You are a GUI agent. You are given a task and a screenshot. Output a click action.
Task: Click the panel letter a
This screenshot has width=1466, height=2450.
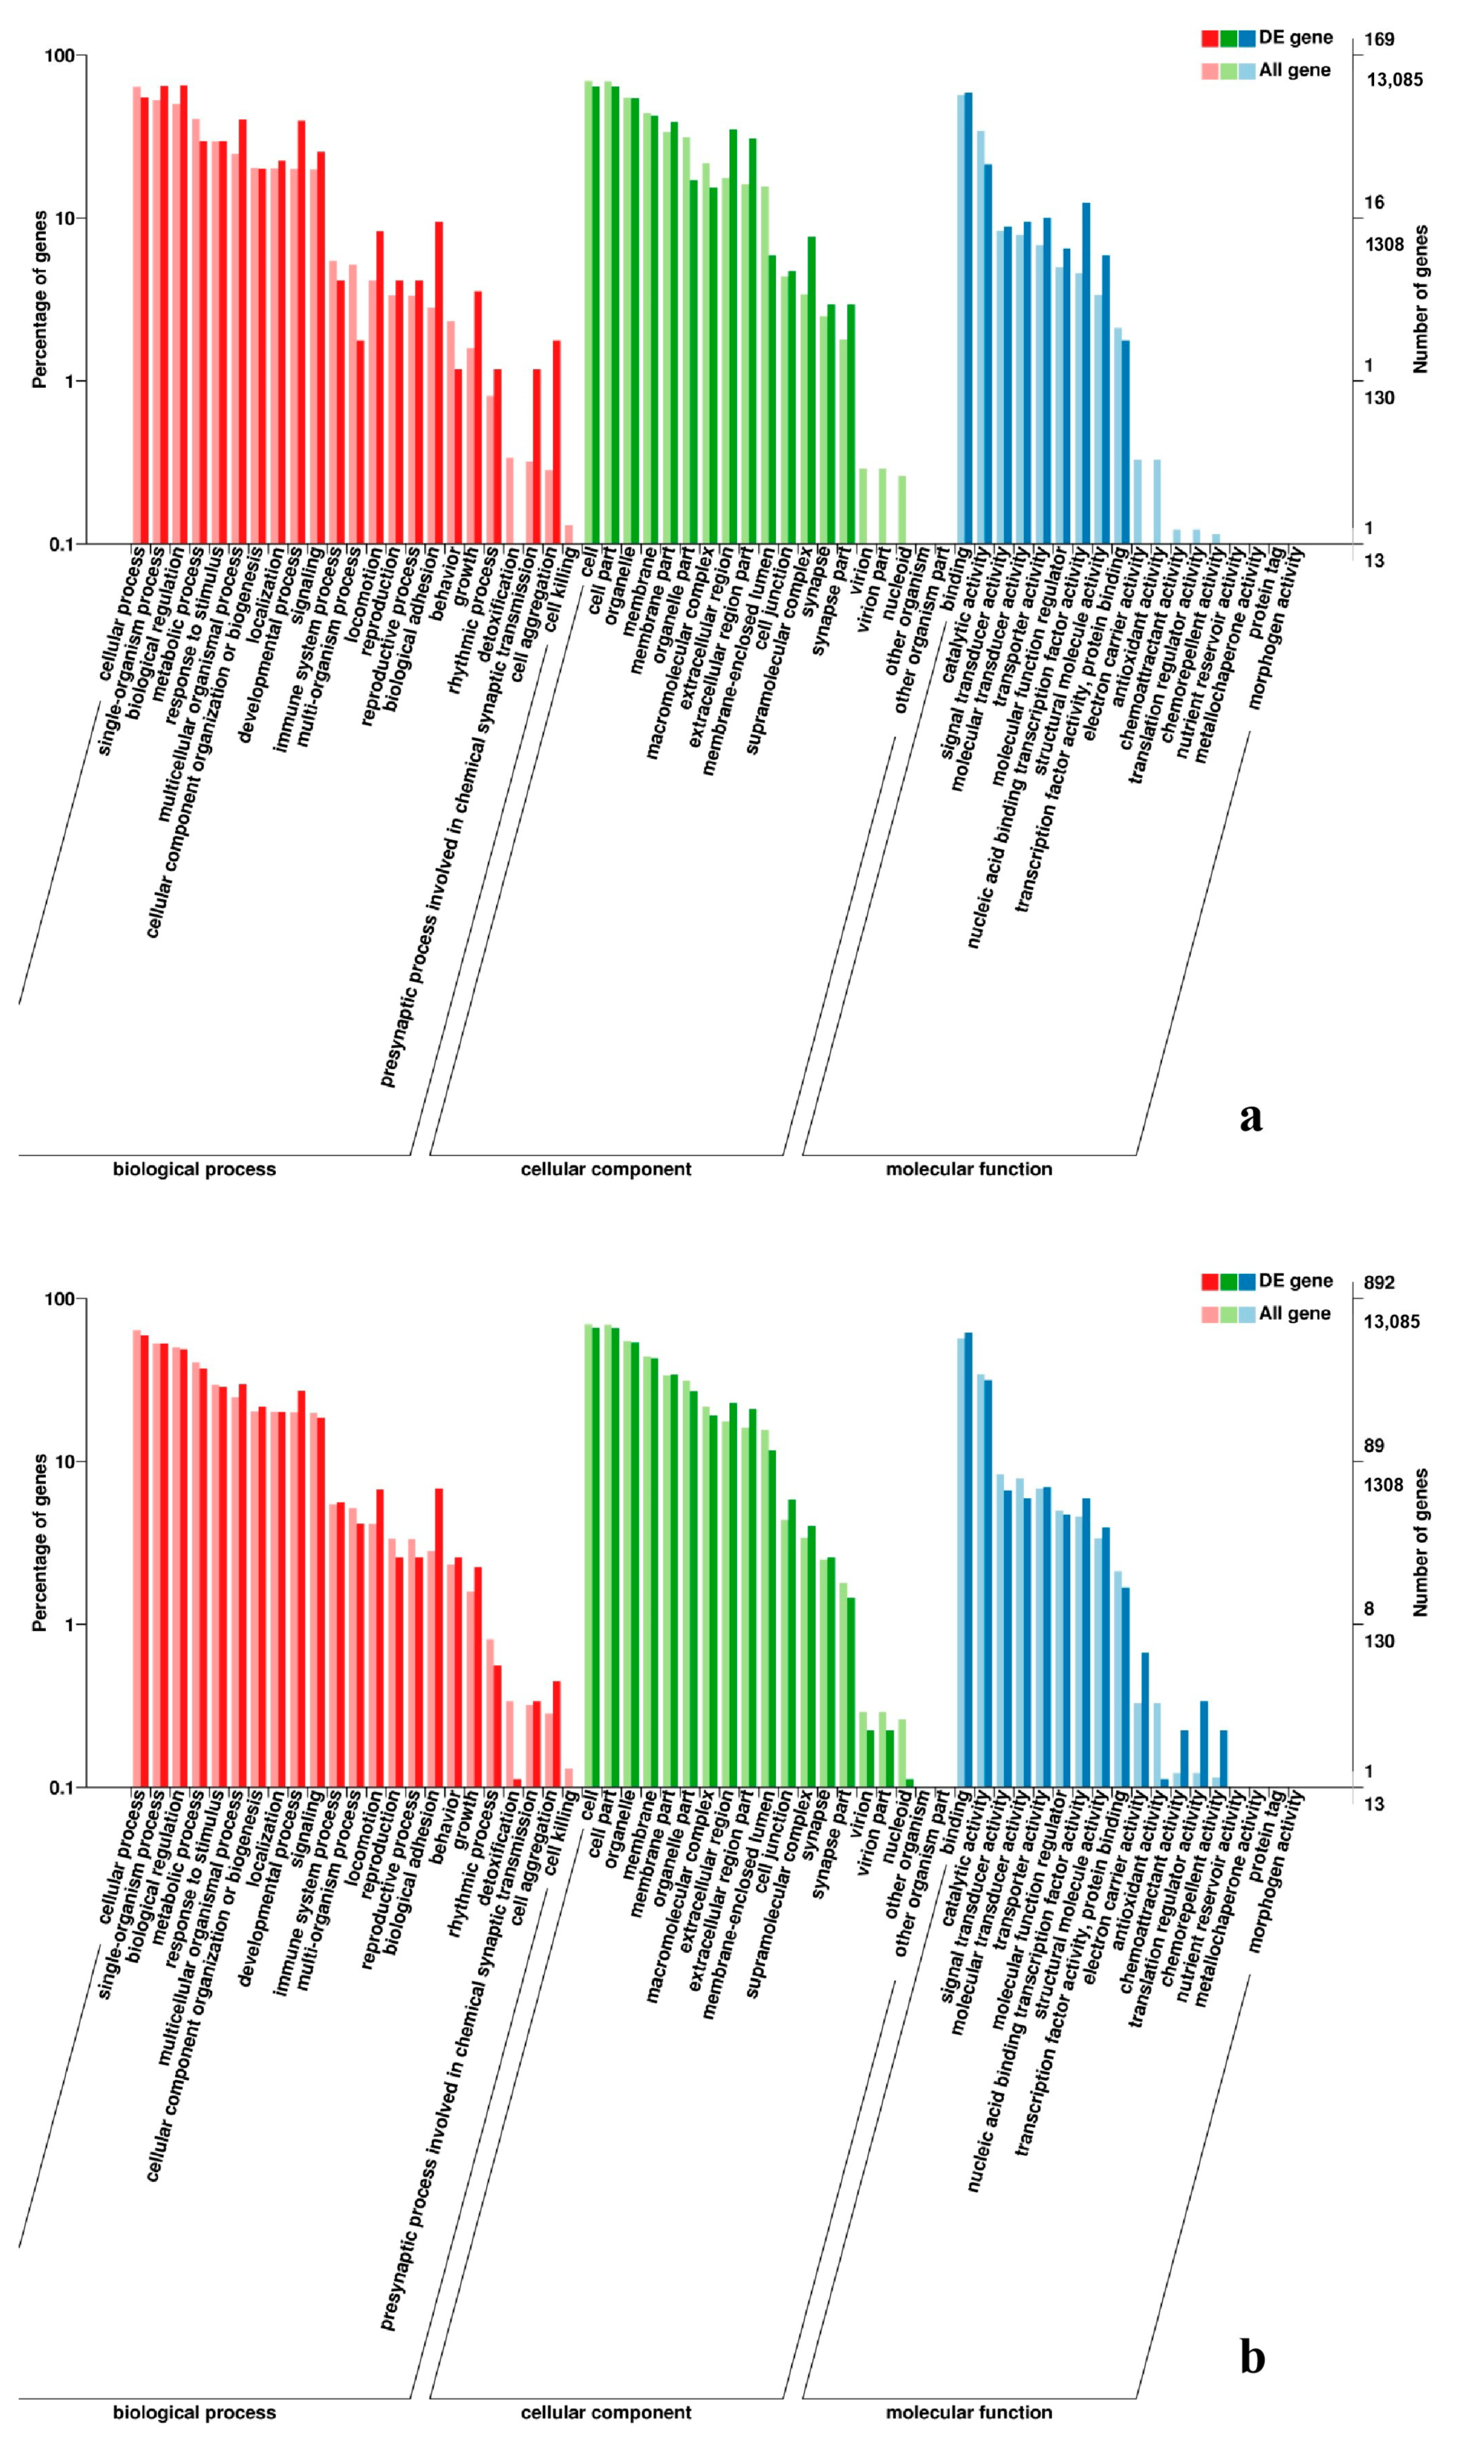pyautogui.click(x=1251, y=1117)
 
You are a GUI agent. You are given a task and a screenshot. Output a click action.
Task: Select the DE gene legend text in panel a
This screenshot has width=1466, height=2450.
pyautogui.click(x=1295, y=37)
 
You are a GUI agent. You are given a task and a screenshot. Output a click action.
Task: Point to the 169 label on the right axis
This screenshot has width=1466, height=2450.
pyautogui.click(x=1379, y=39)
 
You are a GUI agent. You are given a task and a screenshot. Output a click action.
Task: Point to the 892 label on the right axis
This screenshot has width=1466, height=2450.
pyautogui.click(x=1379, y=1282)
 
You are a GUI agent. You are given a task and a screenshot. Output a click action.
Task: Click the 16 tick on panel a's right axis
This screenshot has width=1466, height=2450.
pyautogui.click(x=1374, y=202)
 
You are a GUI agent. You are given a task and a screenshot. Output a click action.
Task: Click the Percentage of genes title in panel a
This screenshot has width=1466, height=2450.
pyautogui.click(x=39, y=299)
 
